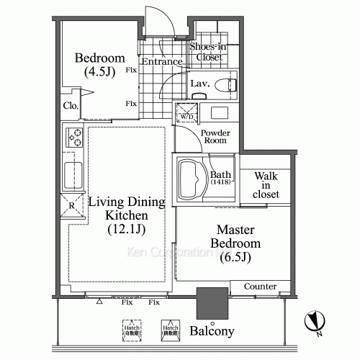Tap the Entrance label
click(161, 62)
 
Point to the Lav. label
click(199, 84)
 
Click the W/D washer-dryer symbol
click(186, 113)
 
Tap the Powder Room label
click(215, 137)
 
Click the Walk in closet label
click(265, 185)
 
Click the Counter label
click(260, 287)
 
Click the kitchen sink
click(72, 173)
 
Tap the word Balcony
click(212, 332)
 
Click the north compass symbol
click(313, 320)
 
